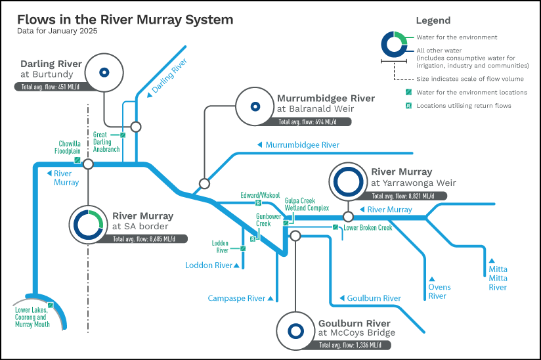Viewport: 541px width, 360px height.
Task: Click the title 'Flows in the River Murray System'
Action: [125, 20]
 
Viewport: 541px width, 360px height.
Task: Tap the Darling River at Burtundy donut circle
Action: [104, 72]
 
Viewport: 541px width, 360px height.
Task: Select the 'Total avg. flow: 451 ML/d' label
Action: [51, 87]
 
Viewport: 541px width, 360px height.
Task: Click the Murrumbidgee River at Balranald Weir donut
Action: [255, 106]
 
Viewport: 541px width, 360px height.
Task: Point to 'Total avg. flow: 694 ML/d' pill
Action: [308, 122]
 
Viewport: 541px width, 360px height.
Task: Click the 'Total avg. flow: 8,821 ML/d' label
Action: [403, 196]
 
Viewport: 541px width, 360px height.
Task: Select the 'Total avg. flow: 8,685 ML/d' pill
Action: [144, 239]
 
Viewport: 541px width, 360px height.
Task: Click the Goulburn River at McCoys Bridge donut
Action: [295, 331]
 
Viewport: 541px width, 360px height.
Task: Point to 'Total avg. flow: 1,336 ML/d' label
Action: [350, 345]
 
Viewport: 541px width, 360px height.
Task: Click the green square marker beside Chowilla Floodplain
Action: [77, 160]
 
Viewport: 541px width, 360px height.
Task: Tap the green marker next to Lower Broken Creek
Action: [335, 227]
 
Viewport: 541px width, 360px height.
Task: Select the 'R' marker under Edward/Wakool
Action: [259, 203]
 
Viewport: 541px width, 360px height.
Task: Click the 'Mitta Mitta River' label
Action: [498, 278]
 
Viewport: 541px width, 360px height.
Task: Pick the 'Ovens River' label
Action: [439, 292]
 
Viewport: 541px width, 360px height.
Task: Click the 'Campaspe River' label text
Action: [236, 298]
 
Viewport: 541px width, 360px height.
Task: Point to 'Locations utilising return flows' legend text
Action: [464, 106]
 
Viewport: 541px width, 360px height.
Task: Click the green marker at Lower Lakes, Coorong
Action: [51, 305]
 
